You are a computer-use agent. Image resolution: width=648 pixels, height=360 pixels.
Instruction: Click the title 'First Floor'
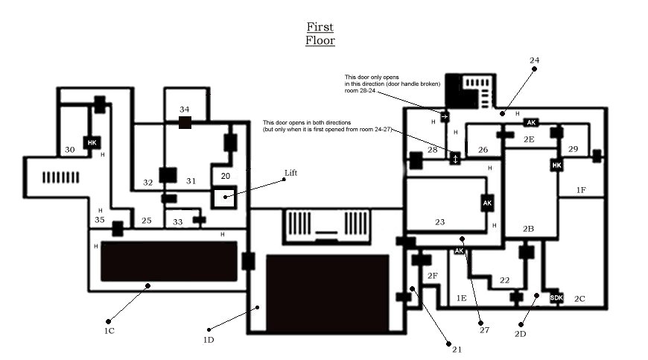(320, 34)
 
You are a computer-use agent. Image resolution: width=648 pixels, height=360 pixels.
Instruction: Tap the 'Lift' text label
(291, 173)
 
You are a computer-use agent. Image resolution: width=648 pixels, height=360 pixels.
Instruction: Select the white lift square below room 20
(224, 198)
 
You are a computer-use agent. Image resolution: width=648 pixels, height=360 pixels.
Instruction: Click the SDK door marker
(556, 297)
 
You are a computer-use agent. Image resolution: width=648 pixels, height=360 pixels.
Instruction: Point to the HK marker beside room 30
(92, 142)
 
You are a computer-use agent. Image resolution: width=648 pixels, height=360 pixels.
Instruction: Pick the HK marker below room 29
(556, 165)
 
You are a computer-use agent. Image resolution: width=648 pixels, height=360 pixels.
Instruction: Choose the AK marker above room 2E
(531, 122)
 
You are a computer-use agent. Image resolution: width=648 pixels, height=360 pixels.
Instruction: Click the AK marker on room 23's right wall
(487, 203)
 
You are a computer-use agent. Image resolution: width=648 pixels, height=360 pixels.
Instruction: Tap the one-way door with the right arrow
(445, 116)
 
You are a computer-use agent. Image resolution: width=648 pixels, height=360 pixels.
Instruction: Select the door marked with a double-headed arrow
(455, 159)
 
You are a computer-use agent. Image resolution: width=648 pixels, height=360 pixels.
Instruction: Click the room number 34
(184, 110)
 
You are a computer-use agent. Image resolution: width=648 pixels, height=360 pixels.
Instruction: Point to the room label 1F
(581, 190)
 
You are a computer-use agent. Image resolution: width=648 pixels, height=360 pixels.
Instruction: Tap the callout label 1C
(109, 331)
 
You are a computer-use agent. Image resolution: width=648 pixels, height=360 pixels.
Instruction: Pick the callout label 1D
(209, 340)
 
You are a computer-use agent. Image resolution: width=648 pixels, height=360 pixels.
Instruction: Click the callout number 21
(457, 350)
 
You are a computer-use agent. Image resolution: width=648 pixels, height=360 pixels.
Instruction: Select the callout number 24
(534, 60)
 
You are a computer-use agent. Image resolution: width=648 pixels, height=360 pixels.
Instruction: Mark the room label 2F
(432, 276)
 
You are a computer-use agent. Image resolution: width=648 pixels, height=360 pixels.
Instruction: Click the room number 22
(504, 280)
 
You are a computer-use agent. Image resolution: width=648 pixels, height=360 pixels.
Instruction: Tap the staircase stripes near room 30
(61, 177)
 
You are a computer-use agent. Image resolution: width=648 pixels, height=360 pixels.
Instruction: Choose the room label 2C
(579, 299)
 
